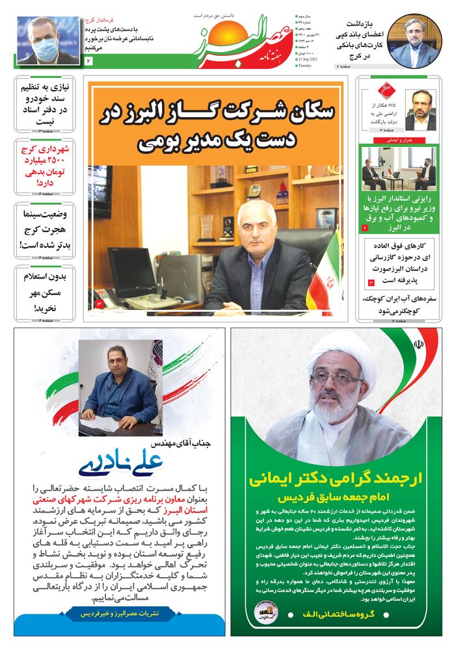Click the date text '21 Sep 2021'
click(308, 58)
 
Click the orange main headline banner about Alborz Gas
click(217, 125)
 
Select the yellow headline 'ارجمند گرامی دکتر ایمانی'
click(336, 480)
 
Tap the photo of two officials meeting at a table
click(398, 168)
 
